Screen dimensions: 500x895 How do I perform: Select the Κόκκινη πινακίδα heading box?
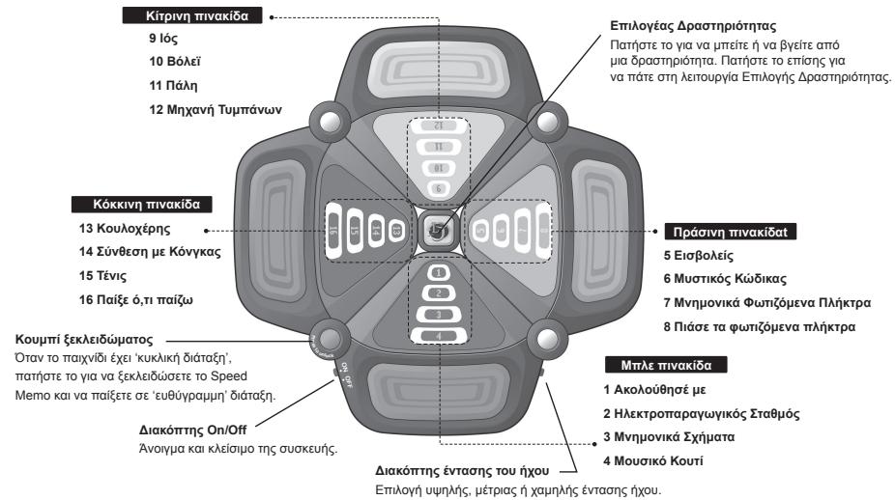pos(142,204)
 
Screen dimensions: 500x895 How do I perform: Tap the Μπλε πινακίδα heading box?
pos(666,366)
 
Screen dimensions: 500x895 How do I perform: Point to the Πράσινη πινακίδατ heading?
pos(721,232)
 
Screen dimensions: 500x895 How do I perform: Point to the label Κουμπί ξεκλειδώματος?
pos(77,338)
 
